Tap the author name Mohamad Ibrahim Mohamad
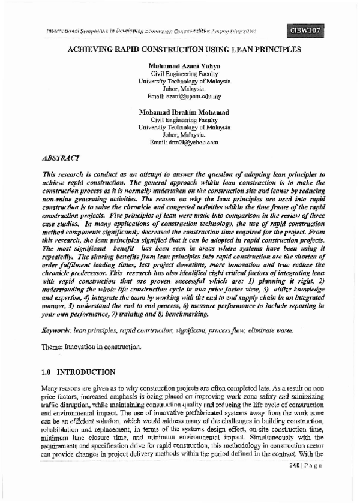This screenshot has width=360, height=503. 180,112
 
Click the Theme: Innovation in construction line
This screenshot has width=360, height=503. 92,347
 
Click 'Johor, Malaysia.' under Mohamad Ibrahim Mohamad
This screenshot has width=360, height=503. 180,135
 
